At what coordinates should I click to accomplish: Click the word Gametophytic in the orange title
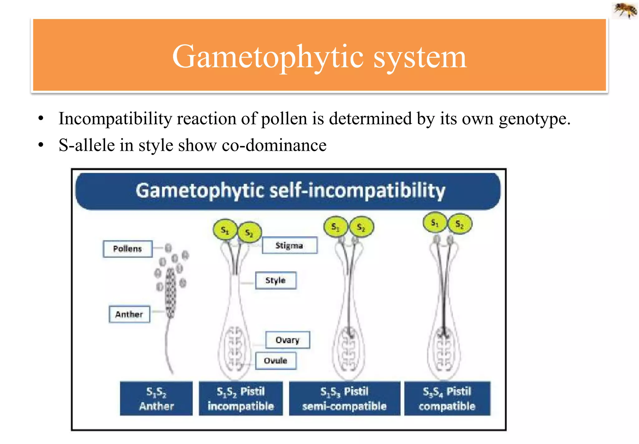pos(268,57)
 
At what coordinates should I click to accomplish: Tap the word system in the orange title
pos(420,57)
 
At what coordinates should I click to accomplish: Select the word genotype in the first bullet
pos(534,119)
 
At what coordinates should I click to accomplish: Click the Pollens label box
pos(128,249)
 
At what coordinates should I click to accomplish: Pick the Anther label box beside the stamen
pos(129,314)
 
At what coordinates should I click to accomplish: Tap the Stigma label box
pos(289,246)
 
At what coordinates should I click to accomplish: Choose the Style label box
pos(276,280)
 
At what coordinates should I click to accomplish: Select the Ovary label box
pos(287,340)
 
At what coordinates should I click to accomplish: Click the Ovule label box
pos(276,360)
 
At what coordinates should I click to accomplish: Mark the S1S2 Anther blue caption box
pos(156,399)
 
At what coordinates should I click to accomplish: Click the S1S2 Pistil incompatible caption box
pos(241,399)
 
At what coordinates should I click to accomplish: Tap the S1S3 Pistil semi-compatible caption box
pos(344,399)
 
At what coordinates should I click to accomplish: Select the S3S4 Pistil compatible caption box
pos(447,399)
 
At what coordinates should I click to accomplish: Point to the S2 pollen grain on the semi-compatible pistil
pos(361,227)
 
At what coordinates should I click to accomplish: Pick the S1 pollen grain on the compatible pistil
pos(435,222)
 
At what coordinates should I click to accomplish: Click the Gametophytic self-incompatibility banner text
pos(290,190)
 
